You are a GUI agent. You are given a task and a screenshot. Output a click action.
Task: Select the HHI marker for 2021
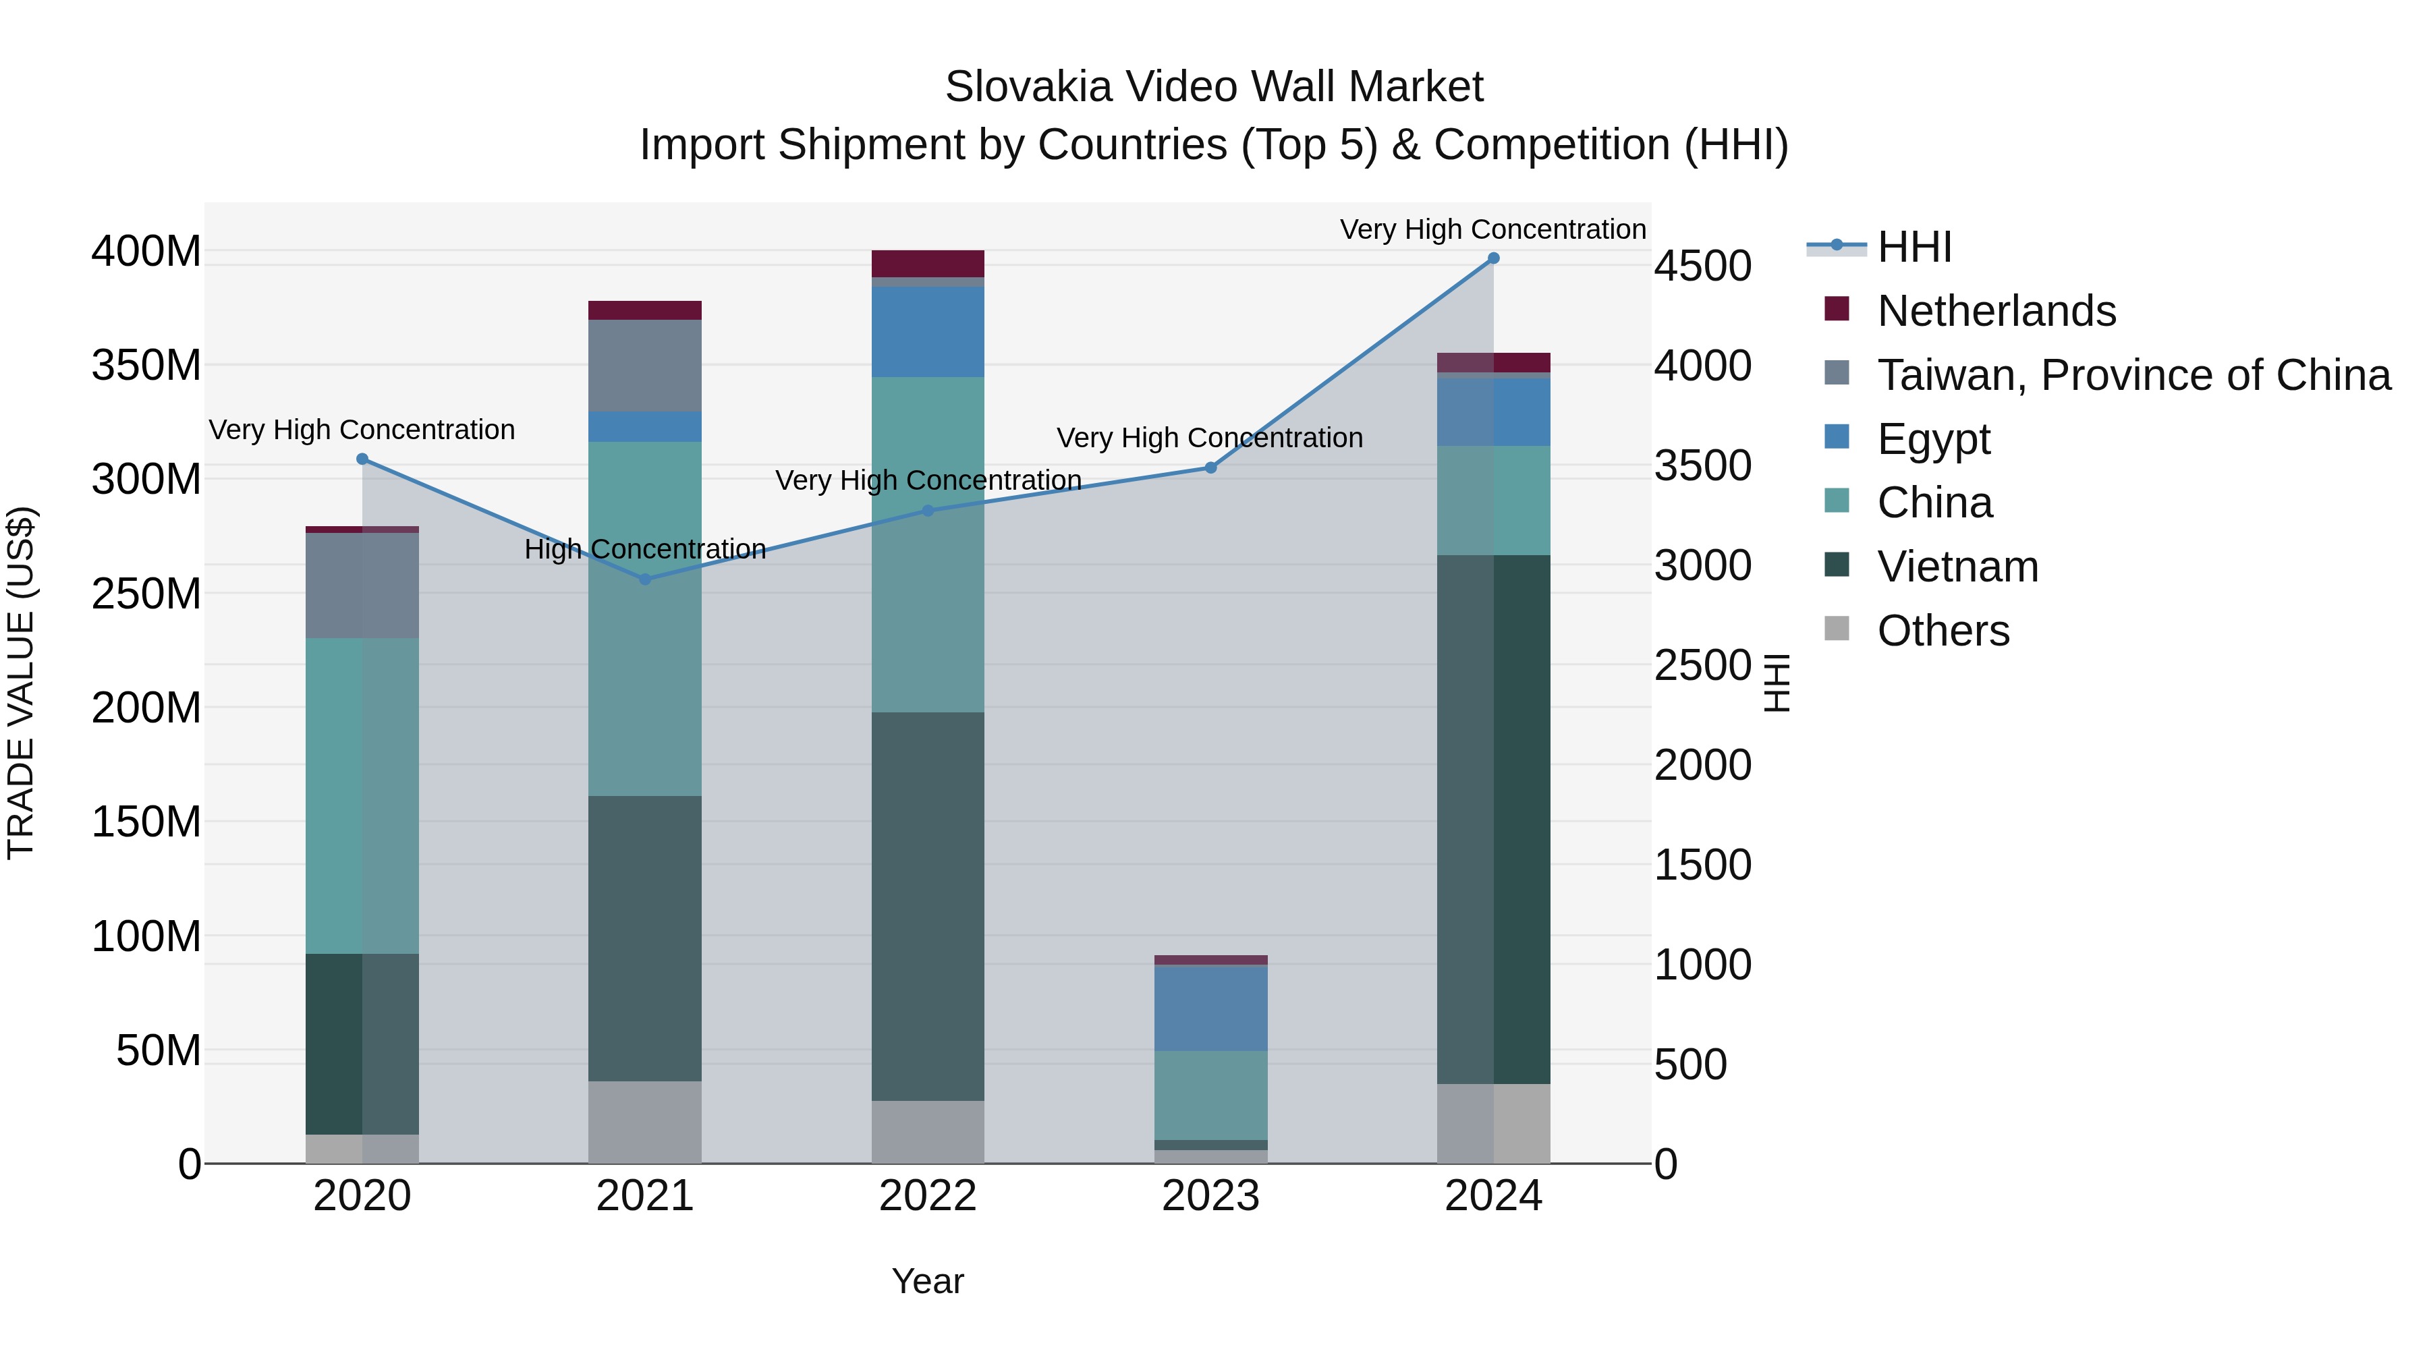pos(645,579)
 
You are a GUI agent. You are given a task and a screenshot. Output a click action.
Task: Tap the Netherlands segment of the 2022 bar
pos(927,263)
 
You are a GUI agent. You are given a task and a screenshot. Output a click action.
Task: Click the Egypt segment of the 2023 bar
pos(1210,1008)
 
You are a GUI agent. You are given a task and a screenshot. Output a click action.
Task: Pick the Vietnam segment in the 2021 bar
pos(644,938)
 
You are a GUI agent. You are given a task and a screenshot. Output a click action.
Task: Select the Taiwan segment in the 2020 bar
pos(362,586)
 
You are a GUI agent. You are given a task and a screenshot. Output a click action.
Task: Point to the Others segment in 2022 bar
pos(927,1131)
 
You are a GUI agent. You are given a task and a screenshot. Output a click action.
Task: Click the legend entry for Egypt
pos(1933,439)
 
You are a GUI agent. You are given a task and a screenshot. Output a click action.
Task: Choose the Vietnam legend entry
pos(1957,567)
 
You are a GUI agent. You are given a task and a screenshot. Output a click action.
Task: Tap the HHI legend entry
pos(1914,247)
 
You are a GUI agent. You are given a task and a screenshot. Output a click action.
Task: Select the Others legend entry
pos(1943,631)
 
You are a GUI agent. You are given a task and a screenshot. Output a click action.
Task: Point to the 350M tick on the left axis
pos(146,365)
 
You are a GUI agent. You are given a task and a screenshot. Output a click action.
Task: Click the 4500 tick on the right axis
pos(1702,266)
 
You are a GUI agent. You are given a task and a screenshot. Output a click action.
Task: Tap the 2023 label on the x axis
pos(1210,1196)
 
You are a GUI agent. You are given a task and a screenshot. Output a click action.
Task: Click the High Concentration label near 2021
pos(645,548)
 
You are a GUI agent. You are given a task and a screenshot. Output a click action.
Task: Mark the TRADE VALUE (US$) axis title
pos(21,683)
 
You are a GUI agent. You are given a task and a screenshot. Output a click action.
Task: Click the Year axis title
pos(927,1281)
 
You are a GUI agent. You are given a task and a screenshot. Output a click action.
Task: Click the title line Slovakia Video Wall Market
pos(1214,87)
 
